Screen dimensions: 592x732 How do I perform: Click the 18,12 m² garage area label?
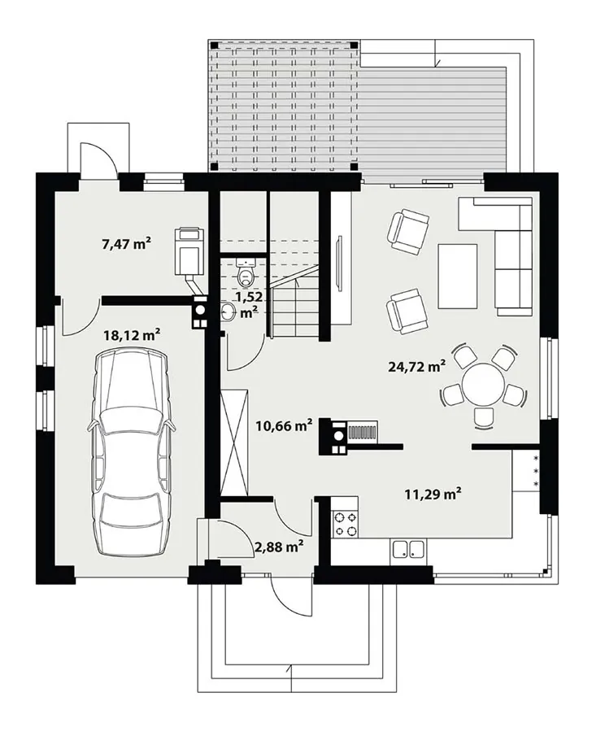pyautogui.click(x=131, y=334)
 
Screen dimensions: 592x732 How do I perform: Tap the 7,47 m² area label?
pyautogui.click(x=126, y=243)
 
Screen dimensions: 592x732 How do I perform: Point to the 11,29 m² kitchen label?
pyautogui.click(x=433, y=493)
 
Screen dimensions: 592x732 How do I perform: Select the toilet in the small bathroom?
pyautogui.click(x=246, y=272)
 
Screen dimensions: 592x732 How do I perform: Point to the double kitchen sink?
pyautogui.click(x=408, y=549)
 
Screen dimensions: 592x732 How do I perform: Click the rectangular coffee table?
pyautogui.click(x=458, y=277)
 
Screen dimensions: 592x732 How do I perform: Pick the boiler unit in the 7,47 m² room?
pyautogui.click(x=189, y=251)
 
